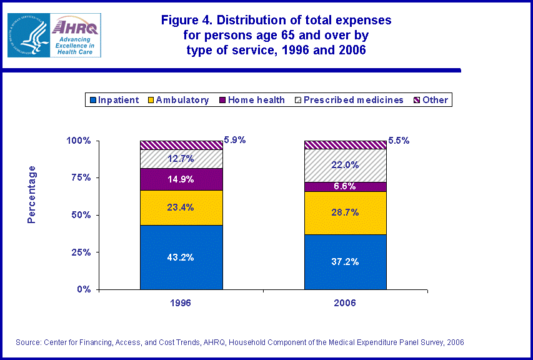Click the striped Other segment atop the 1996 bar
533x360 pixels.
pos(181,145)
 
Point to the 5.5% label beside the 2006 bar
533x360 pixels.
pos(399,141)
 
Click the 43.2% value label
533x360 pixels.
pos(181,257)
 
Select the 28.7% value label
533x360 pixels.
pos(345,212)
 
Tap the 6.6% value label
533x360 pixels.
pos(345,187)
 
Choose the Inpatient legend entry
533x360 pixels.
pos(114,100)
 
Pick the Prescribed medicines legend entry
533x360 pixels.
pos(348,100)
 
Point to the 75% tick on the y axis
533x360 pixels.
pos(78,177)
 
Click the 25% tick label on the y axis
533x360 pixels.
pos(78,252)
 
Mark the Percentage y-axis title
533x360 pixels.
pos(31,194)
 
